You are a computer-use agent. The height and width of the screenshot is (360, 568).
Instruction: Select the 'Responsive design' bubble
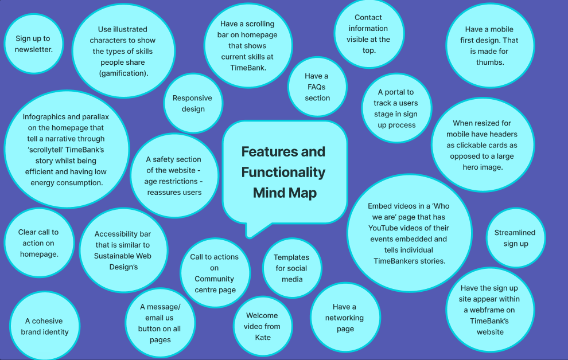pyautogui.click(x=193, y=103)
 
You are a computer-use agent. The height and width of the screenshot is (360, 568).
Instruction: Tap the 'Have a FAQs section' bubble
pyautogui.click(x=317, y=87)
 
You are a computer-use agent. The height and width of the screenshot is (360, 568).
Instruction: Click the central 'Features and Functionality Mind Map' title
pyautogui.click(x=283, y=172)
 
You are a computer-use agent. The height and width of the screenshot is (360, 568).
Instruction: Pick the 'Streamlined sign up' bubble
pyautogui.click(x=515, y=238)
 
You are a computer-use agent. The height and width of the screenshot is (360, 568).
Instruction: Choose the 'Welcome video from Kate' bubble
pyautogui.click(x=262, y=326)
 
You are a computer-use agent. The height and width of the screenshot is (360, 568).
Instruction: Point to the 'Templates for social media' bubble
pyautogui.click(x=291, y=268)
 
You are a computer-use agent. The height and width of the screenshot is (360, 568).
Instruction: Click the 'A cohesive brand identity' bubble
pyautogui.click(x=45, y=326)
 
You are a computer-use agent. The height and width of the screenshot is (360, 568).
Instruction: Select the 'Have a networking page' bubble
pyautogui.click(x=345, y=318)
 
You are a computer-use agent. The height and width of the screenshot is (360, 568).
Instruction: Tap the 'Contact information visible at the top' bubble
pyautogui.click(x=368, y=34)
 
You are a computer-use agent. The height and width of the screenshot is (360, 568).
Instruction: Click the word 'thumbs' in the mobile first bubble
pyautogui.click(x=490, y=62)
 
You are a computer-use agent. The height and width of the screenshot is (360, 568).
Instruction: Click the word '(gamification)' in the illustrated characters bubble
pyautogui.click(x=123, y=73)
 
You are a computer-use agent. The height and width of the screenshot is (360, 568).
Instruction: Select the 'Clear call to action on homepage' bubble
pyautogui.click(x=38, y=243)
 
